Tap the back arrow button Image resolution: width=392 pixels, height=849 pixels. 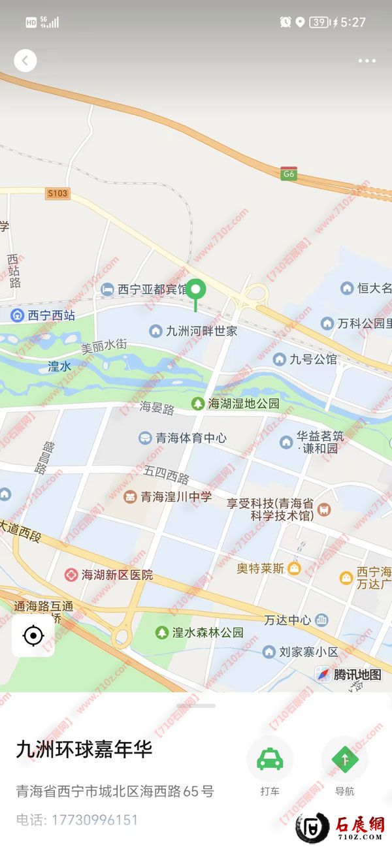(x=25, y=61)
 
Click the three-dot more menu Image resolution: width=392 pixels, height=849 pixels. (x=367, y=61)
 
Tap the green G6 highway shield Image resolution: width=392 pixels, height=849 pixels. (x=289, y=174)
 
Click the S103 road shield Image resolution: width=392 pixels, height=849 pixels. (x=57, y=193)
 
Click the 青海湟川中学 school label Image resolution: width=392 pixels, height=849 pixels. (x=169, y=497)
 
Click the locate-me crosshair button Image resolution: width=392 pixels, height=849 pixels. (x=33, y=635)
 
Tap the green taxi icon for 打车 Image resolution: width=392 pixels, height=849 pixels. (x=269, y=759)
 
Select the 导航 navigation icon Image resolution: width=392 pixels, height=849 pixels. (x=344, y=759)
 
